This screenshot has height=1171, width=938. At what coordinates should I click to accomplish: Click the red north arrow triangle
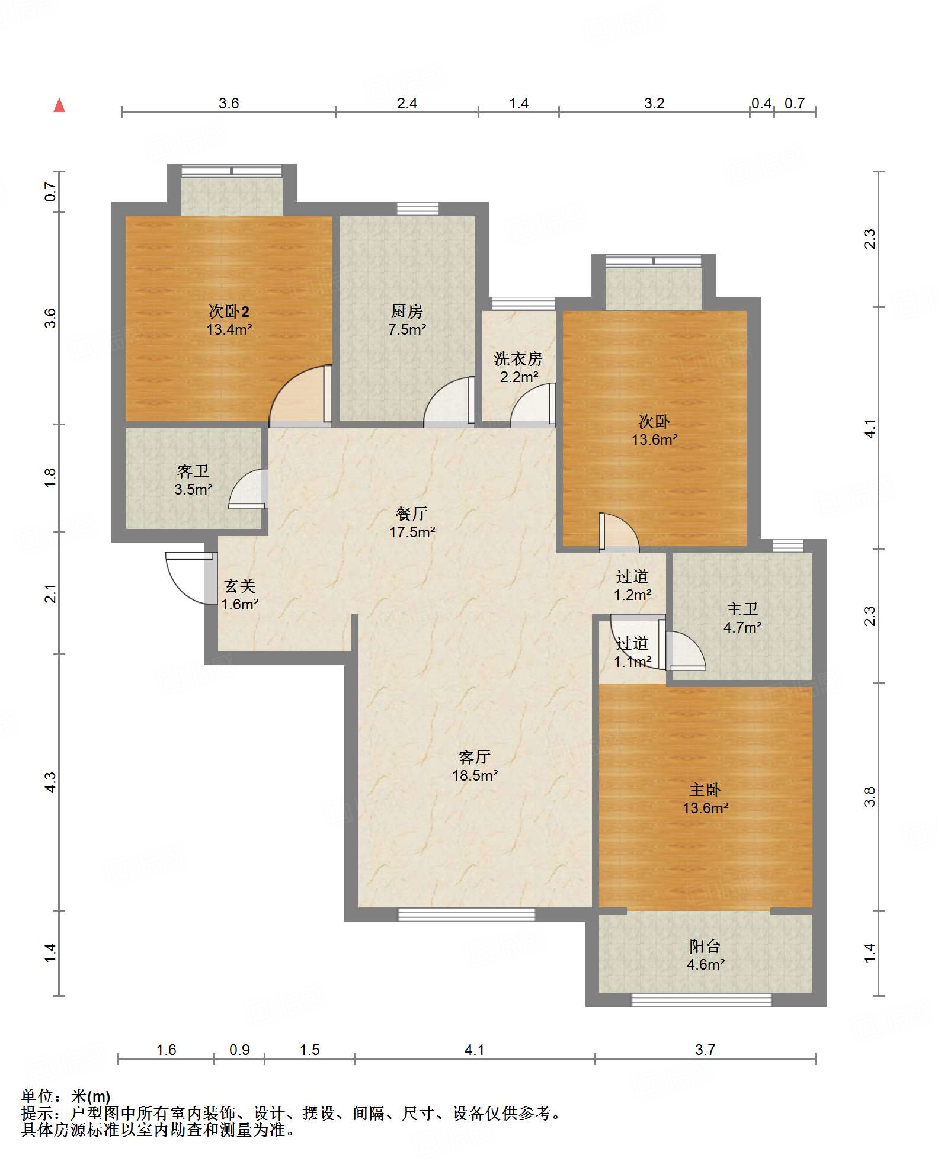[59, 105]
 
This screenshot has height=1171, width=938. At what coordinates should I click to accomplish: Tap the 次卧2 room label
[229, 312]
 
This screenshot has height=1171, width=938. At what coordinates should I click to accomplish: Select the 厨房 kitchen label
[407, 312]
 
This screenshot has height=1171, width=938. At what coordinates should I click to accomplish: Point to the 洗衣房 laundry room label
[518, 359]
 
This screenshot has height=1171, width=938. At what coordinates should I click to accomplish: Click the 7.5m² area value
[407, 330]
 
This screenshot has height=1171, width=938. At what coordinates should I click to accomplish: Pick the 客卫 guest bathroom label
[193, 471]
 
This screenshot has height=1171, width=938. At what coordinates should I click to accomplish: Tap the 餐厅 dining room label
[412, 514]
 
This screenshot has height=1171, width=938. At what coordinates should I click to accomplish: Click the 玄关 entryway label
[240, 586]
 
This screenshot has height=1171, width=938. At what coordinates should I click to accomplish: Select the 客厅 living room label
[475, 757]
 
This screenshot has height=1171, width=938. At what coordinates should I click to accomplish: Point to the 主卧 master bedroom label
[705, 790]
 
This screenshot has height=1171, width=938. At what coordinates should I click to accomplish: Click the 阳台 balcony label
[705, 946]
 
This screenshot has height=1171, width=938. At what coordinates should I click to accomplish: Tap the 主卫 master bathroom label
[742, 609]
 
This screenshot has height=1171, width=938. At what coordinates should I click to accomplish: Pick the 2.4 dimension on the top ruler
[407, 104]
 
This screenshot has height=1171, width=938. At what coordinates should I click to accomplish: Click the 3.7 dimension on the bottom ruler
[705, 1050]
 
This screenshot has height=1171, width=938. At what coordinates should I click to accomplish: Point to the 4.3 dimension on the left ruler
[50, 782]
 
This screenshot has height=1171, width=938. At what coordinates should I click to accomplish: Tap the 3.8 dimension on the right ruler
[869, 797]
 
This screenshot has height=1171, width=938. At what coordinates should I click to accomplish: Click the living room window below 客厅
[466, 915]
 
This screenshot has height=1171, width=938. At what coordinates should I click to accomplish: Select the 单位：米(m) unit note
[66, 1096]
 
